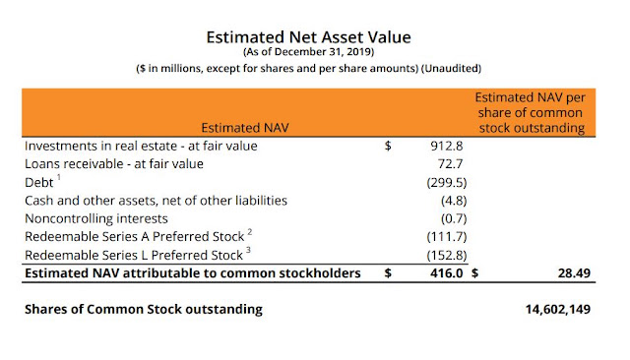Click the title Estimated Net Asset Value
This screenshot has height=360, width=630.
pos(308,37)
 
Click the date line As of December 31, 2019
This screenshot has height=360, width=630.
pos(308,52)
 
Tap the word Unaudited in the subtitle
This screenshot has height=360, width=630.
pos(451,68)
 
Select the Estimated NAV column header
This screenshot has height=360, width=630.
pos(245,128)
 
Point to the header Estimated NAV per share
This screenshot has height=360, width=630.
pos(531,113)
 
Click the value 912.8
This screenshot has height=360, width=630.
pos(446,146)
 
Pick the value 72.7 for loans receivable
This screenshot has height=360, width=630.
pos(450,163)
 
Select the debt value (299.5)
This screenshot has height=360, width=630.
pos(447,183)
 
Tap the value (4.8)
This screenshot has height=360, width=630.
pos(454,201)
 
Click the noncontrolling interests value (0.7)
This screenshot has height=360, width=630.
pos(454,218)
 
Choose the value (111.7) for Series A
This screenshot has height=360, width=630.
pos(447,236)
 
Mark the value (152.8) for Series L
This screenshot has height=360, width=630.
pos(447,255)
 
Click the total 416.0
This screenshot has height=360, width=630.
pos(446,273)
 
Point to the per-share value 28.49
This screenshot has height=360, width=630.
pos(574,273)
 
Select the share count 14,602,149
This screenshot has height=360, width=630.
pos(558,310)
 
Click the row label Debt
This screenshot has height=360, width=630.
pos(39,183)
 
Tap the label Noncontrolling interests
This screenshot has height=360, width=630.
pos(96,218)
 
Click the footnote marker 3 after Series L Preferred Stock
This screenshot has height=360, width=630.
pos(248,250)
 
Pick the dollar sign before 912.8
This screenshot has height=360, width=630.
pos(388,146)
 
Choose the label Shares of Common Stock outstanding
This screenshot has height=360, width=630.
pos(144,310)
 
